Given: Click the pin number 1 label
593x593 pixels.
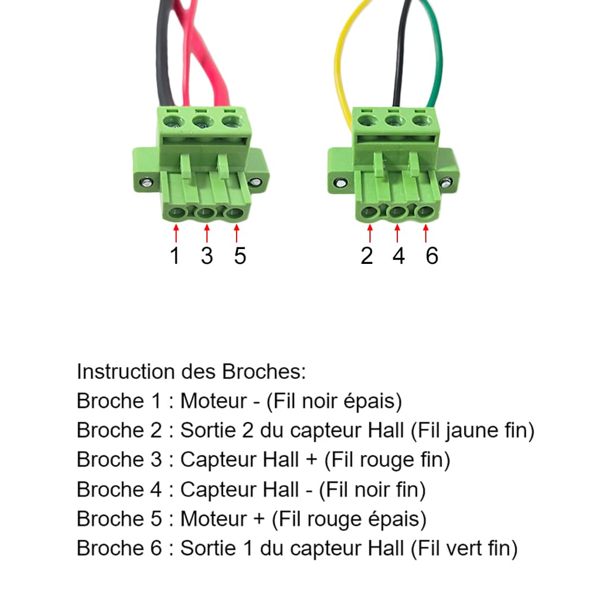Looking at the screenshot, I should [x=174, y=256].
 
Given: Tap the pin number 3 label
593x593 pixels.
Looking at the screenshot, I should [x=206, y=256].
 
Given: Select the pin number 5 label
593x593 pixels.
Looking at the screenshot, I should [x=239, y=256].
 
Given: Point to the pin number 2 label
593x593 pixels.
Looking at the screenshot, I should [x=367, y=256].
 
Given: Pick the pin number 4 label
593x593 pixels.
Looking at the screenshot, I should [x=398, y=256].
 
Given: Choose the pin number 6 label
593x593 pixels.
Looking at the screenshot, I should [x=431, y=256].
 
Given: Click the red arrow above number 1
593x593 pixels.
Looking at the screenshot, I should [x=176, y=232].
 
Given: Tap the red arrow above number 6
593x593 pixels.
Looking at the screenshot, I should [x=426, y=232].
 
